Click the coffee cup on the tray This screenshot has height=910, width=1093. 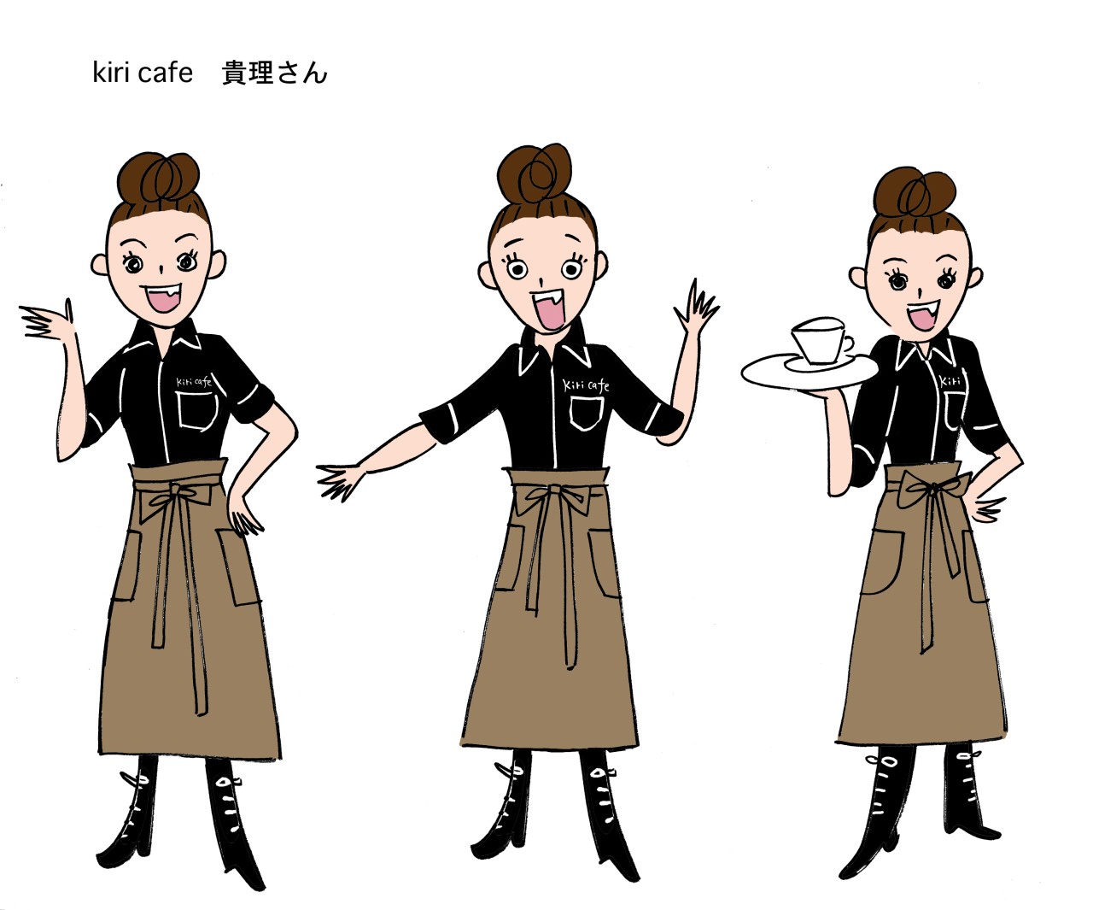(x=821, y=341)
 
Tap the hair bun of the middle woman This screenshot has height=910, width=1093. (x=535, y=174)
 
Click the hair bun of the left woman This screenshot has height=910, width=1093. (x=158, y=178)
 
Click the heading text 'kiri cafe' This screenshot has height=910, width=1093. (x=143, y=73)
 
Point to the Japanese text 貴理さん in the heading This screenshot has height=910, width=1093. (x=274, y=73)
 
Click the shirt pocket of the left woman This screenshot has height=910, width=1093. (x=197, y=411)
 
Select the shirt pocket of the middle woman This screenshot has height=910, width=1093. (x=587, y=414)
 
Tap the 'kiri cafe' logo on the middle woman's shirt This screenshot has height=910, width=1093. (x=586, y=385)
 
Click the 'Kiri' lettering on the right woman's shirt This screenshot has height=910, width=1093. (x=950, y=381)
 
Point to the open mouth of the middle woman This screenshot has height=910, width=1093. (x=546, y=310)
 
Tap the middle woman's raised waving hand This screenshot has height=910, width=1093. (x=696, y=308)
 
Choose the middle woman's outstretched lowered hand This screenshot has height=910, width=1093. (x=340, y=481)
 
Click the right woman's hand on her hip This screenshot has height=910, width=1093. (x=987, y=508)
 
